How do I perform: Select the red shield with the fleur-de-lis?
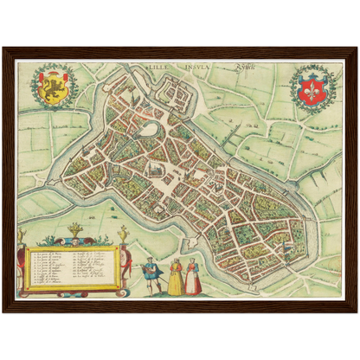click(311, 87)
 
